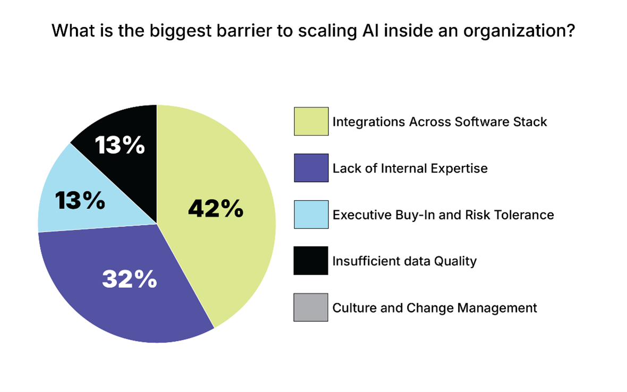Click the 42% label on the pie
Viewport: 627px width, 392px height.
click(216, 209)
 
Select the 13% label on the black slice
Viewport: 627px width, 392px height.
click(120, 145)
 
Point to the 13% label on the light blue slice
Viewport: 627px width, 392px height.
click(80, 201)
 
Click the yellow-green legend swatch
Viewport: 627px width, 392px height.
click(311, 122)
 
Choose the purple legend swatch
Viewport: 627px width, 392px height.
click(311, 168)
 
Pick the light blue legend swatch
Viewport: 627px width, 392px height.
click(311, 215)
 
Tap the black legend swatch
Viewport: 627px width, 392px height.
click(311, 261)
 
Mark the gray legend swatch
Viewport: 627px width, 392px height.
click(311, 308)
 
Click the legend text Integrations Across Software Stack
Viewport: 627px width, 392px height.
click(439, 122)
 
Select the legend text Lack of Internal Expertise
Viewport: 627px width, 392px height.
click(410, 168)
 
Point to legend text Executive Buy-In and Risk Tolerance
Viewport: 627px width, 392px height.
click(443, 215)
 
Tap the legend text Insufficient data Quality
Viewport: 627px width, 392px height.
click(404, 261)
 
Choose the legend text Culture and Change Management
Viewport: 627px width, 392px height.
click(435, 308)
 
